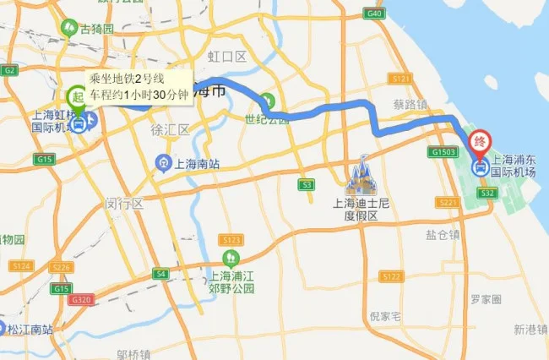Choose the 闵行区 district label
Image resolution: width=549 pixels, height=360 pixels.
tap(125, 205)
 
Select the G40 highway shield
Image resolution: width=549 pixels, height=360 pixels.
tap(375, 14)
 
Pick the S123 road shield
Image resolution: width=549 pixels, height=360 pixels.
tap(233, 240)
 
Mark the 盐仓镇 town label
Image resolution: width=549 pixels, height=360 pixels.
tap(443, 235)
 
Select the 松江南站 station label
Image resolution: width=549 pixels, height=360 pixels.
tap(30, 328)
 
